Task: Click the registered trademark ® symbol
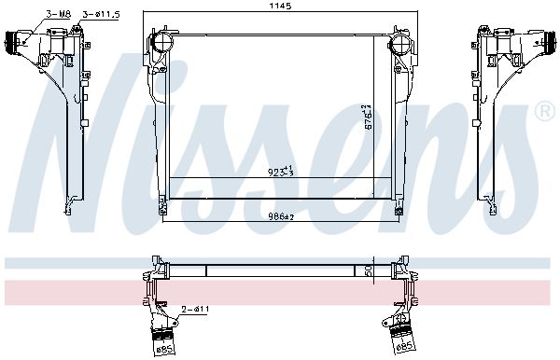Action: [x=542, y=112]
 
